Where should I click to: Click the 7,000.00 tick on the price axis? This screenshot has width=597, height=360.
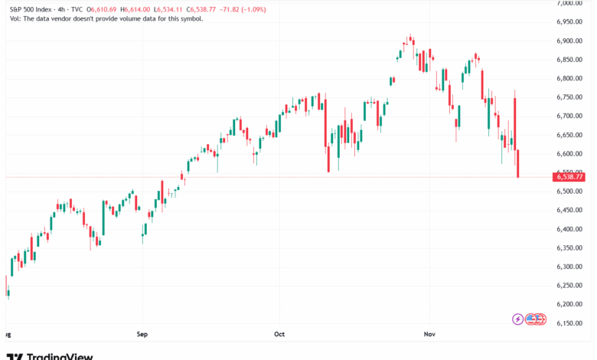(x=569, y=3)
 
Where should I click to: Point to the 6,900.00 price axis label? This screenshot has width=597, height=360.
(x=569, y=41)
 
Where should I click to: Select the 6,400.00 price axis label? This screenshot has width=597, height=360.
(x=569, y=229)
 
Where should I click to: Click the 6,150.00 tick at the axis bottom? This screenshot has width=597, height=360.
(x=569, y=323)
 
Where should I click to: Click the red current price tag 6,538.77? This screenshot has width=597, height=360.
(x=569, y=177)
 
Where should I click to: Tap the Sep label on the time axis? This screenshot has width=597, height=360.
(x=142, y=335)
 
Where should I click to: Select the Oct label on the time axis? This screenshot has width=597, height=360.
(x=279, y=335)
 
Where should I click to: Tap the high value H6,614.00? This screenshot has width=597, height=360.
(x=145, y=8)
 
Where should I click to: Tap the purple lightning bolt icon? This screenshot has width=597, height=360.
(x=519, y=319)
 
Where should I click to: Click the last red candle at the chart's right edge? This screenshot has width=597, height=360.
(x=518, y=164)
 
